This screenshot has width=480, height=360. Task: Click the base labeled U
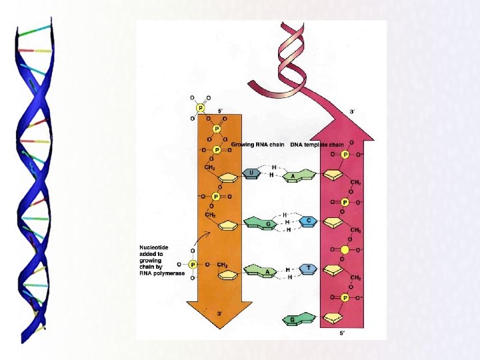coord(251,173)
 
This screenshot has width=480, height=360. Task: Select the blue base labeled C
coord(307,219)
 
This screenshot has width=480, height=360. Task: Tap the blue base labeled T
coord(308,268)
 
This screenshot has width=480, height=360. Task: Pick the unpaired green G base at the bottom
coord(293,321)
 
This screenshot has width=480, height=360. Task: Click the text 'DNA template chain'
coord(317,145)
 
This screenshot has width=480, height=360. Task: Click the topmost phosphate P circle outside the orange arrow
coord(199,107)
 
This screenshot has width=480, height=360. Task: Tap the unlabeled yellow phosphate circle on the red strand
coord(345,249)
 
